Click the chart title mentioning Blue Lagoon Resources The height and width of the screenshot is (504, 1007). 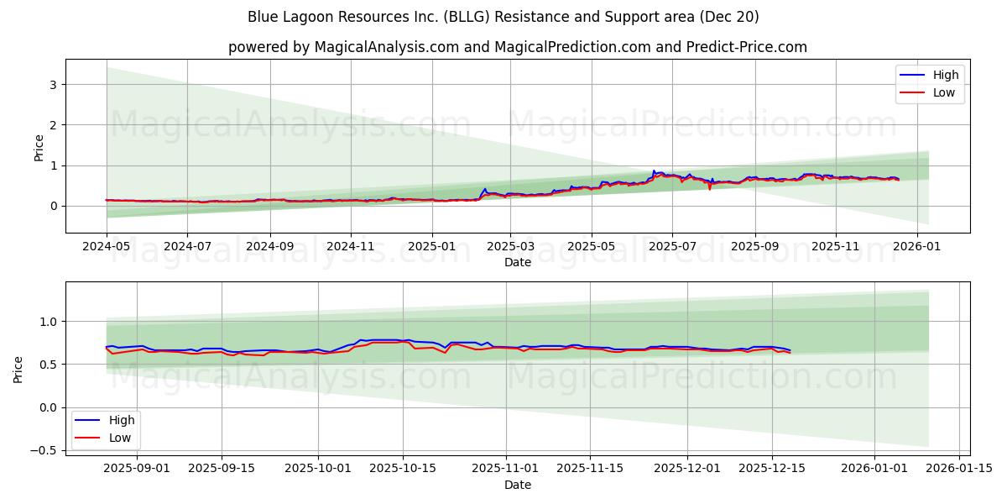(x=503, y=17)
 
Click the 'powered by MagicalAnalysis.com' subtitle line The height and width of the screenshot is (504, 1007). (x=517, y=47)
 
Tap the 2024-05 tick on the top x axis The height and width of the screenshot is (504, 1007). (x=107, y=247)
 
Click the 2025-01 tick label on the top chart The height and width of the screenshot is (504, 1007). (x=432, y=247)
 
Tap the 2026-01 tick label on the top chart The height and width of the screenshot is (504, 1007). (x=916, y=247)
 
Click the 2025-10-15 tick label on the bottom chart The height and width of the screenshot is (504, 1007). (x=403, y=468)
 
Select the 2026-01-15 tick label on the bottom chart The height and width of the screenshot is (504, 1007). (x=960, y=468)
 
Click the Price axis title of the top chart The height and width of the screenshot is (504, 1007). (x=39, y=147)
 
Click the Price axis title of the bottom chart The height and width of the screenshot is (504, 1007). (x=18, y=369)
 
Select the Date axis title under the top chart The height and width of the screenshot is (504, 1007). (x=517, y=262)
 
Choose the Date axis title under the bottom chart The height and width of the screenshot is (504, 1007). (x=517, y=484)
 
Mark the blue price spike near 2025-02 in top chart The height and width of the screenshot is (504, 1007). (x=485, y=189)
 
